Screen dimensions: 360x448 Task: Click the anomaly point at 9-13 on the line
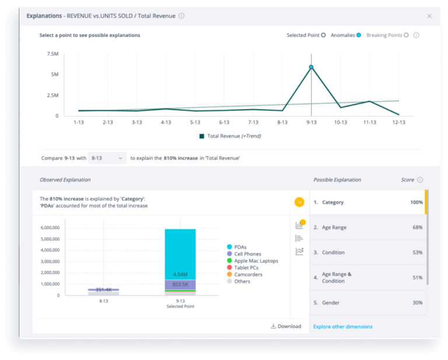pos(311,68)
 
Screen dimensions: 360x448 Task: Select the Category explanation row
pos(367,202)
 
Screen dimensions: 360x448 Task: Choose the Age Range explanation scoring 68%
pos(367,228)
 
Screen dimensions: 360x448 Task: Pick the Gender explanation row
pos(367,303)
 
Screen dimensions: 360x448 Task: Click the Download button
pos(286,326)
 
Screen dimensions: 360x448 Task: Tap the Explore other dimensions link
pos(342,327)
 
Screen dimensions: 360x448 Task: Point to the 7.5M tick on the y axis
pos(52,54)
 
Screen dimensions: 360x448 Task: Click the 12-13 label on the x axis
pos(398,123)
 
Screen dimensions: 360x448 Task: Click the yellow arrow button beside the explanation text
pos(299,202)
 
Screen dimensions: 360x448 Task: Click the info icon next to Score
pos(420,180)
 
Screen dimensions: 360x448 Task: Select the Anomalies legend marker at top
pos(359,36)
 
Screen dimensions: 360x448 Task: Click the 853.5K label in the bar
pos(180,284)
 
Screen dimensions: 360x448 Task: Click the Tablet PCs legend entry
pos(246,268)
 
